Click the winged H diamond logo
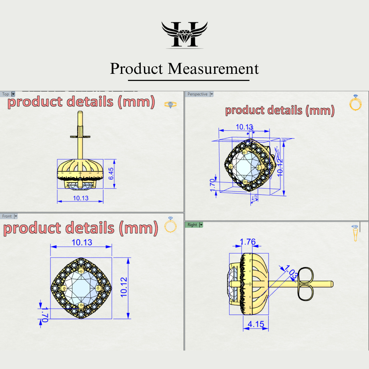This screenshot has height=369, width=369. pos(184,35)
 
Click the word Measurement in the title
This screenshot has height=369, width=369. pos(213,69)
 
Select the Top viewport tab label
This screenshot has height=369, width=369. pos(6,94)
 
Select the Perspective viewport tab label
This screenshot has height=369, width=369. pos(197,94)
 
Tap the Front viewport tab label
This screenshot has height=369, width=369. pos(7,216)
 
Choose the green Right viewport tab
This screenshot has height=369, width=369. pos(192,225)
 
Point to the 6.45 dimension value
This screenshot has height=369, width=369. pos(111,174)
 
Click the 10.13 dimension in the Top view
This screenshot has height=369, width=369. pos(81,198)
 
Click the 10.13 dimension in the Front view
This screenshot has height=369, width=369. pos(82,242)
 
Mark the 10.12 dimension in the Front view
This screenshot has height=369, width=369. pos(124,287)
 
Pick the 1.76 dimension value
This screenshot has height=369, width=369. pos(248,242)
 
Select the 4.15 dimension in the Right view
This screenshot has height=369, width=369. pos(256,324)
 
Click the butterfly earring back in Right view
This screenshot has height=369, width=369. pos(306,284)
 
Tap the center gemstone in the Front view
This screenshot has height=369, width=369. pos(81,288)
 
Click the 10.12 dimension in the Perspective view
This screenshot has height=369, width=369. pos(280,167)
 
